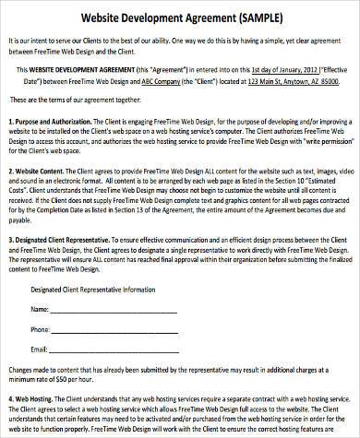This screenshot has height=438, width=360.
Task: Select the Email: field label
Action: click(x=41, y=351)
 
